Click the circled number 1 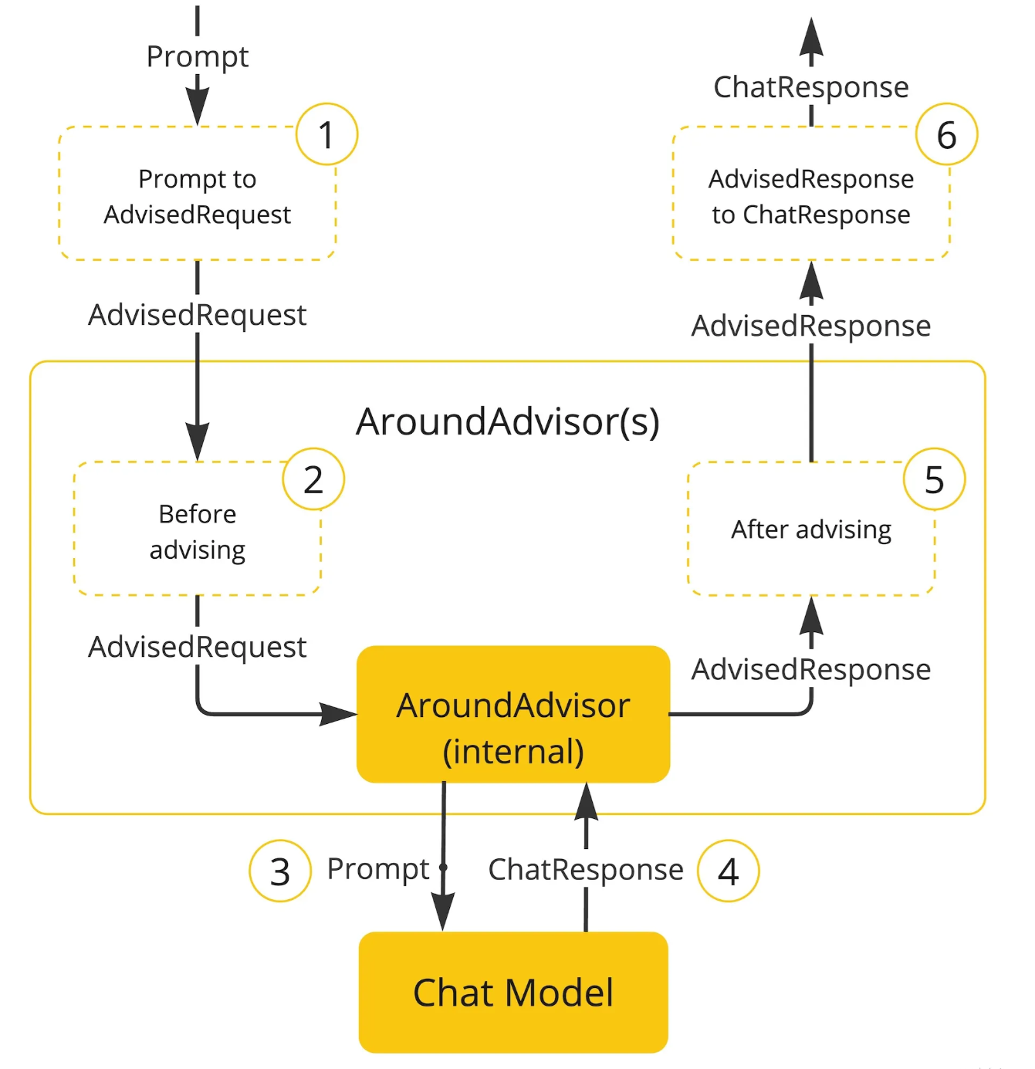point(326,134)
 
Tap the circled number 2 point(313,479)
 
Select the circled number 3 point(279,871)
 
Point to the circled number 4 point(728,871)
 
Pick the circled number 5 point(934,479)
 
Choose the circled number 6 point(946,134)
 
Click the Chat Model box point(513,992)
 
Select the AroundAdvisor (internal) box point(513,714)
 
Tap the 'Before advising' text point(198,533)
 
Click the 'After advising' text point(811,530)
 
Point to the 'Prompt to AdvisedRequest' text point(198,197)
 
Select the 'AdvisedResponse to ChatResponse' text point(811,197)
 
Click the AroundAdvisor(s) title point(508,422)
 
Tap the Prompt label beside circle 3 point(378,870)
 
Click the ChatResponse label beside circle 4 point(586,870)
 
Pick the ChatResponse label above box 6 point(811,87)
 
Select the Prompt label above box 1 point(198,57)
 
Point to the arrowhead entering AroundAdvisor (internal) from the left point(338,714)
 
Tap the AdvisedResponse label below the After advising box point(811,670)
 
